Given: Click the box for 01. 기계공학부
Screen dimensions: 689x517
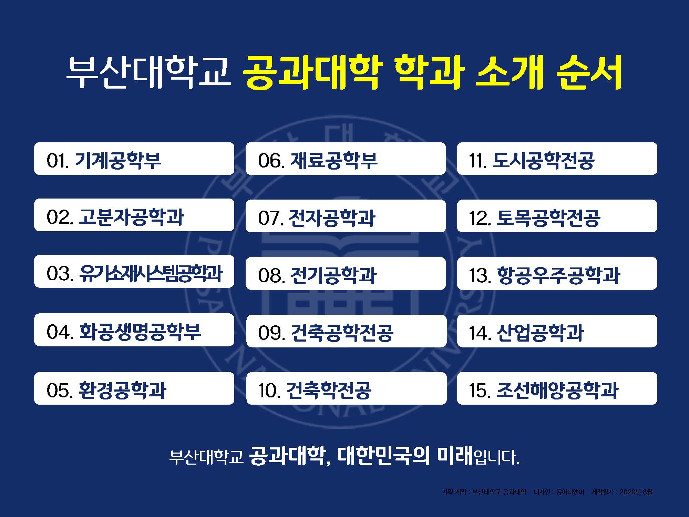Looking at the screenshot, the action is [x=134, y=159].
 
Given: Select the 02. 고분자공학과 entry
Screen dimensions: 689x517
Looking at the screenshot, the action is [x=134, y=215].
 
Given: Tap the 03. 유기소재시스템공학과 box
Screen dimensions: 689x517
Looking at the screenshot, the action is [x=134, y=272].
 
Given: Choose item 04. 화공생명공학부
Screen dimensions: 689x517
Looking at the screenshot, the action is [x=134, y=330].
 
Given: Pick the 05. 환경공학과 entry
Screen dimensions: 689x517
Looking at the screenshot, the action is [x=134, y=388].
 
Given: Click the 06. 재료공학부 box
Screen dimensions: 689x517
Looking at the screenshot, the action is [x=346, y=159].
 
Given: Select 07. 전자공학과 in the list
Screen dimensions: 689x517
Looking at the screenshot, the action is [x=346, y=216].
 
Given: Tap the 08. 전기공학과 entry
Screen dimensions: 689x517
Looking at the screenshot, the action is [x=346, y=274].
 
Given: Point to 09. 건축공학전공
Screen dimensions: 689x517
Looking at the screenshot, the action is [x=346, y=331].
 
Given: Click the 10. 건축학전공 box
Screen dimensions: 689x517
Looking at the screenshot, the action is [x=346, y=388].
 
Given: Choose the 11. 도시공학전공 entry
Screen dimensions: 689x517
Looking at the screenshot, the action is [x=557, y=159].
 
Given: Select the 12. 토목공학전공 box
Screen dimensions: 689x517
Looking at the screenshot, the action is [x=557, y=216].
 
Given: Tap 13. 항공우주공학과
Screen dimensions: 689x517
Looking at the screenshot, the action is [x=557, y=274].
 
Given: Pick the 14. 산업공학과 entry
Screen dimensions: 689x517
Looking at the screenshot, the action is [x=557, y=331].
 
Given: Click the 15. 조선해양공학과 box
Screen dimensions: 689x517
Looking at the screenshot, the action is [x=557, y=388].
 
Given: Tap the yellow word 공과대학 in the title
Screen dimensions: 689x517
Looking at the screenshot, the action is [x=311, y=72].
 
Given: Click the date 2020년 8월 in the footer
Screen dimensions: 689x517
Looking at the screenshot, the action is [x=636, y=492].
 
